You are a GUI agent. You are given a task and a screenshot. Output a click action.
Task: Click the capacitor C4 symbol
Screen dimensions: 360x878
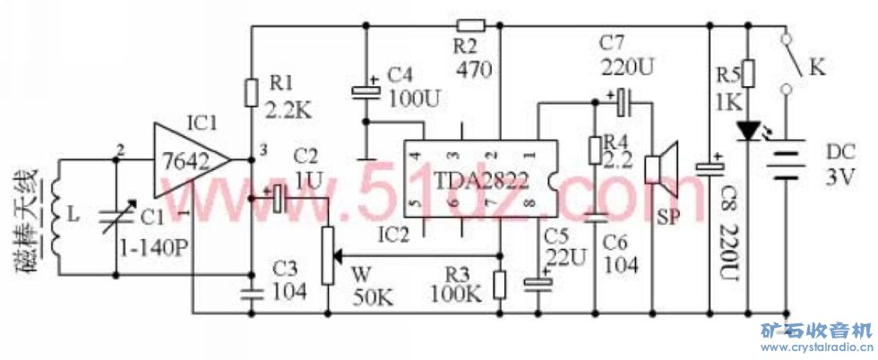pos(366,90)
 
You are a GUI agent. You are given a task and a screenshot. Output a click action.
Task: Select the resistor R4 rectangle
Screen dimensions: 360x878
pos(594,149)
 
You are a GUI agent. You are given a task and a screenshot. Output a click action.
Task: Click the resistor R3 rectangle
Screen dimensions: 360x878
pos(500,284)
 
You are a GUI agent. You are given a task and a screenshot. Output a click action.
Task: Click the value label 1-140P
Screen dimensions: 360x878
pos(154,249)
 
